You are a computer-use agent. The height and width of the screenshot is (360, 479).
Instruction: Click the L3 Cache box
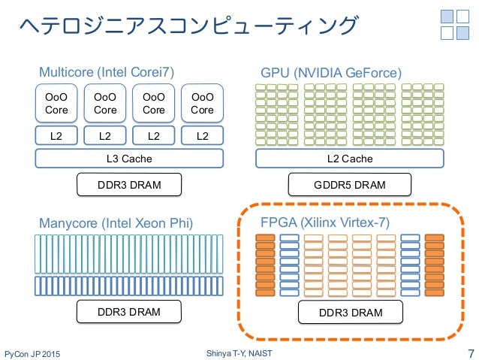tap(129, 159)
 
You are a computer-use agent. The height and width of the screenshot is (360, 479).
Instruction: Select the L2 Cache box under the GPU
tap(349, 159)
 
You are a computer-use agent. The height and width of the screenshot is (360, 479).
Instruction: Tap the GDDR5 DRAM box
tap(349, 184)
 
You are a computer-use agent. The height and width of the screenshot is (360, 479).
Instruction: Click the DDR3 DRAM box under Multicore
tap(129, 184)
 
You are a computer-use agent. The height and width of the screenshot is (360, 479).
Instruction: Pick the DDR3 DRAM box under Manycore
tap(129, 311)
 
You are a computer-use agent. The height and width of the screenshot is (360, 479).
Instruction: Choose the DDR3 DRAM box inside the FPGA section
tap(351, 312)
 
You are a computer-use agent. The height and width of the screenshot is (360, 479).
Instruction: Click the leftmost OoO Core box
tap(56, 103)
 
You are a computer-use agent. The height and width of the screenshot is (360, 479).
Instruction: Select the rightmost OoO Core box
tap(202, 103)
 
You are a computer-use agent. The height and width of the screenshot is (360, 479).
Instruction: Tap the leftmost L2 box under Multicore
tap(56, 135)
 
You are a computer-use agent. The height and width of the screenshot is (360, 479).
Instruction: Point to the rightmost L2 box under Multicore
tap(202, 135)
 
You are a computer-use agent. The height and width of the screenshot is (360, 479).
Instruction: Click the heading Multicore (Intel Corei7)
tap(107, 72)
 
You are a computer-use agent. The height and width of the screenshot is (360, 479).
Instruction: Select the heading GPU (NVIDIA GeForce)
tap(331, 73)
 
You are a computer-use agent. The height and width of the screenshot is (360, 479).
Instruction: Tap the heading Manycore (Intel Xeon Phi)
tap(116, 223)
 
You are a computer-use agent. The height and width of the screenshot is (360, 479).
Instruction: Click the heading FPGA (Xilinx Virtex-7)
tap(325, 222)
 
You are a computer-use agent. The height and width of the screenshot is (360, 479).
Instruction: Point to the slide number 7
tap(471, 353)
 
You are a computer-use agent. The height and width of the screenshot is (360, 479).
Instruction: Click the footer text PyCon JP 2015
tap(32, 354)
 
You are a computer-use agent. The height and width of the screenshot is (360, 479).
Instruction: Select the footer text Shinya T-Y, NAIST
tap(239, 353)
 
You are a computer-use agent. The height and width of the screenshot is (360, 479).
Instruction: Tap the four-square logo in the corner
tap(455, 25)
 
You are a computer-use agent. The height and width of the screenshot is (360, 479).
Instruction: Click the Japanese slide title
tap(188, 25)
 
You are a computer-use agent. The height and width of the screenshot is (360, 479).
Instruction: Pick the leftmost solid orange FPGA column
tap(265, 265)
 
